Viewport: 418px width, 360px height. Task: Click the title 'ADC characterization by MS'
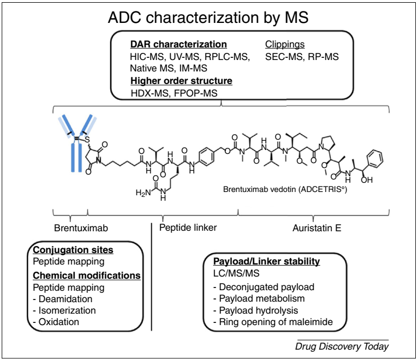pos(208,17)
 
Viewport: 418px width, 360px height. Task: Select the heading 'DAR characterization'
pos(178,44)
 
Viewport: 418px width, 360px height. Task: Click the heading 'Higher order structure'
pos(181,81)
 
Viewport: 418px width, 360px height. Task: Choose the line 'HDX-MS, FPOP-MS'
pos(174,93)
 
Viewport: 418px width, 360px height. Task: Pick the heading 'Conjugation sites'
pos(73,250)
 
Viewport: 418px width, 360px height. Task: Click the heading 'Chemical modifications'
pos(87,275)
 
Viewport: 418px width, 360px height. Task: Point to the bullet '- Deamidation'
pos(63,299)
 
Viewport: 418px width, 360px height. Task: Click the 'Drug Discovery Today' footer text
pos(342,346)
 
